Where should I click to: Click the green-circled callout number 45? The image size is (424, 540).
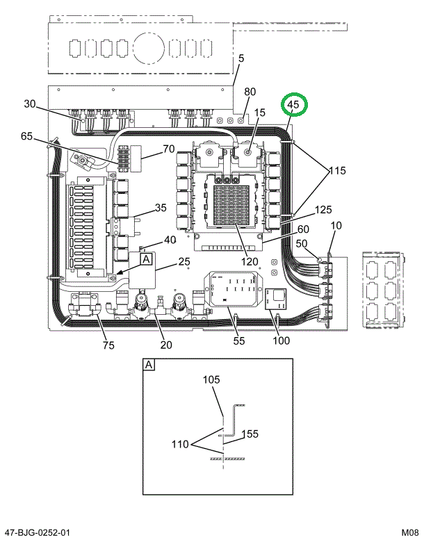click(293, 105)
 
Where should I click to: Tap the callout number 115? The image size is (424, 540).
click(337, 170)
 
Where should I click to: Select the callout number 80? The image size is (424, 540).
click(250, 92)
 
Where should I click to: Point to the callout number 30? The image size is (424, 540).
click(29, 104)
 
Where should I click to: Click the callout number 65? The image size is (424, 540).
click(27, 137)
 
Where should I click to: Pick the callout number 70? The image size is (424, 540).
click(169, 148)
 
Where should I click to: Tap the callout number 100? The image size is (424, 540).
click(282, 341)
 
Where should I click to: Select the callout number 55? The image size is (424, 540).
click(238, 341)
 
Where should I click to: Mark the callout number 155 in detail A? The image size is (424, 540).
click(250, 434)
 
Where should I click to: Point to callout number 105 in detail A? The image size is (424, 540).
click(211, 380)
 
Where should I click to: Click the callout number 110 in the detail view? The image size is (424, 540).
click(180, 444)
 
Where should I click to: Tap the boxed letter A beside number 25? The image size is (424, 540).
click(146, 259)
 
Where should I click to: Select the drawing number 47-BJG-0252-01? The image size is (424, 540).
click(36, 532)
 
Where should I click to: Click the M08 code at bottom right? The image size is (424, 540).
click(409, 532)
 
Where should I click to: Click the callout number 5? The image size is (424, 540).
click(240, 60)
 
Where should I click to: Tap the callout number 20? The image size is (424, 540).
click(166, 345)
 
